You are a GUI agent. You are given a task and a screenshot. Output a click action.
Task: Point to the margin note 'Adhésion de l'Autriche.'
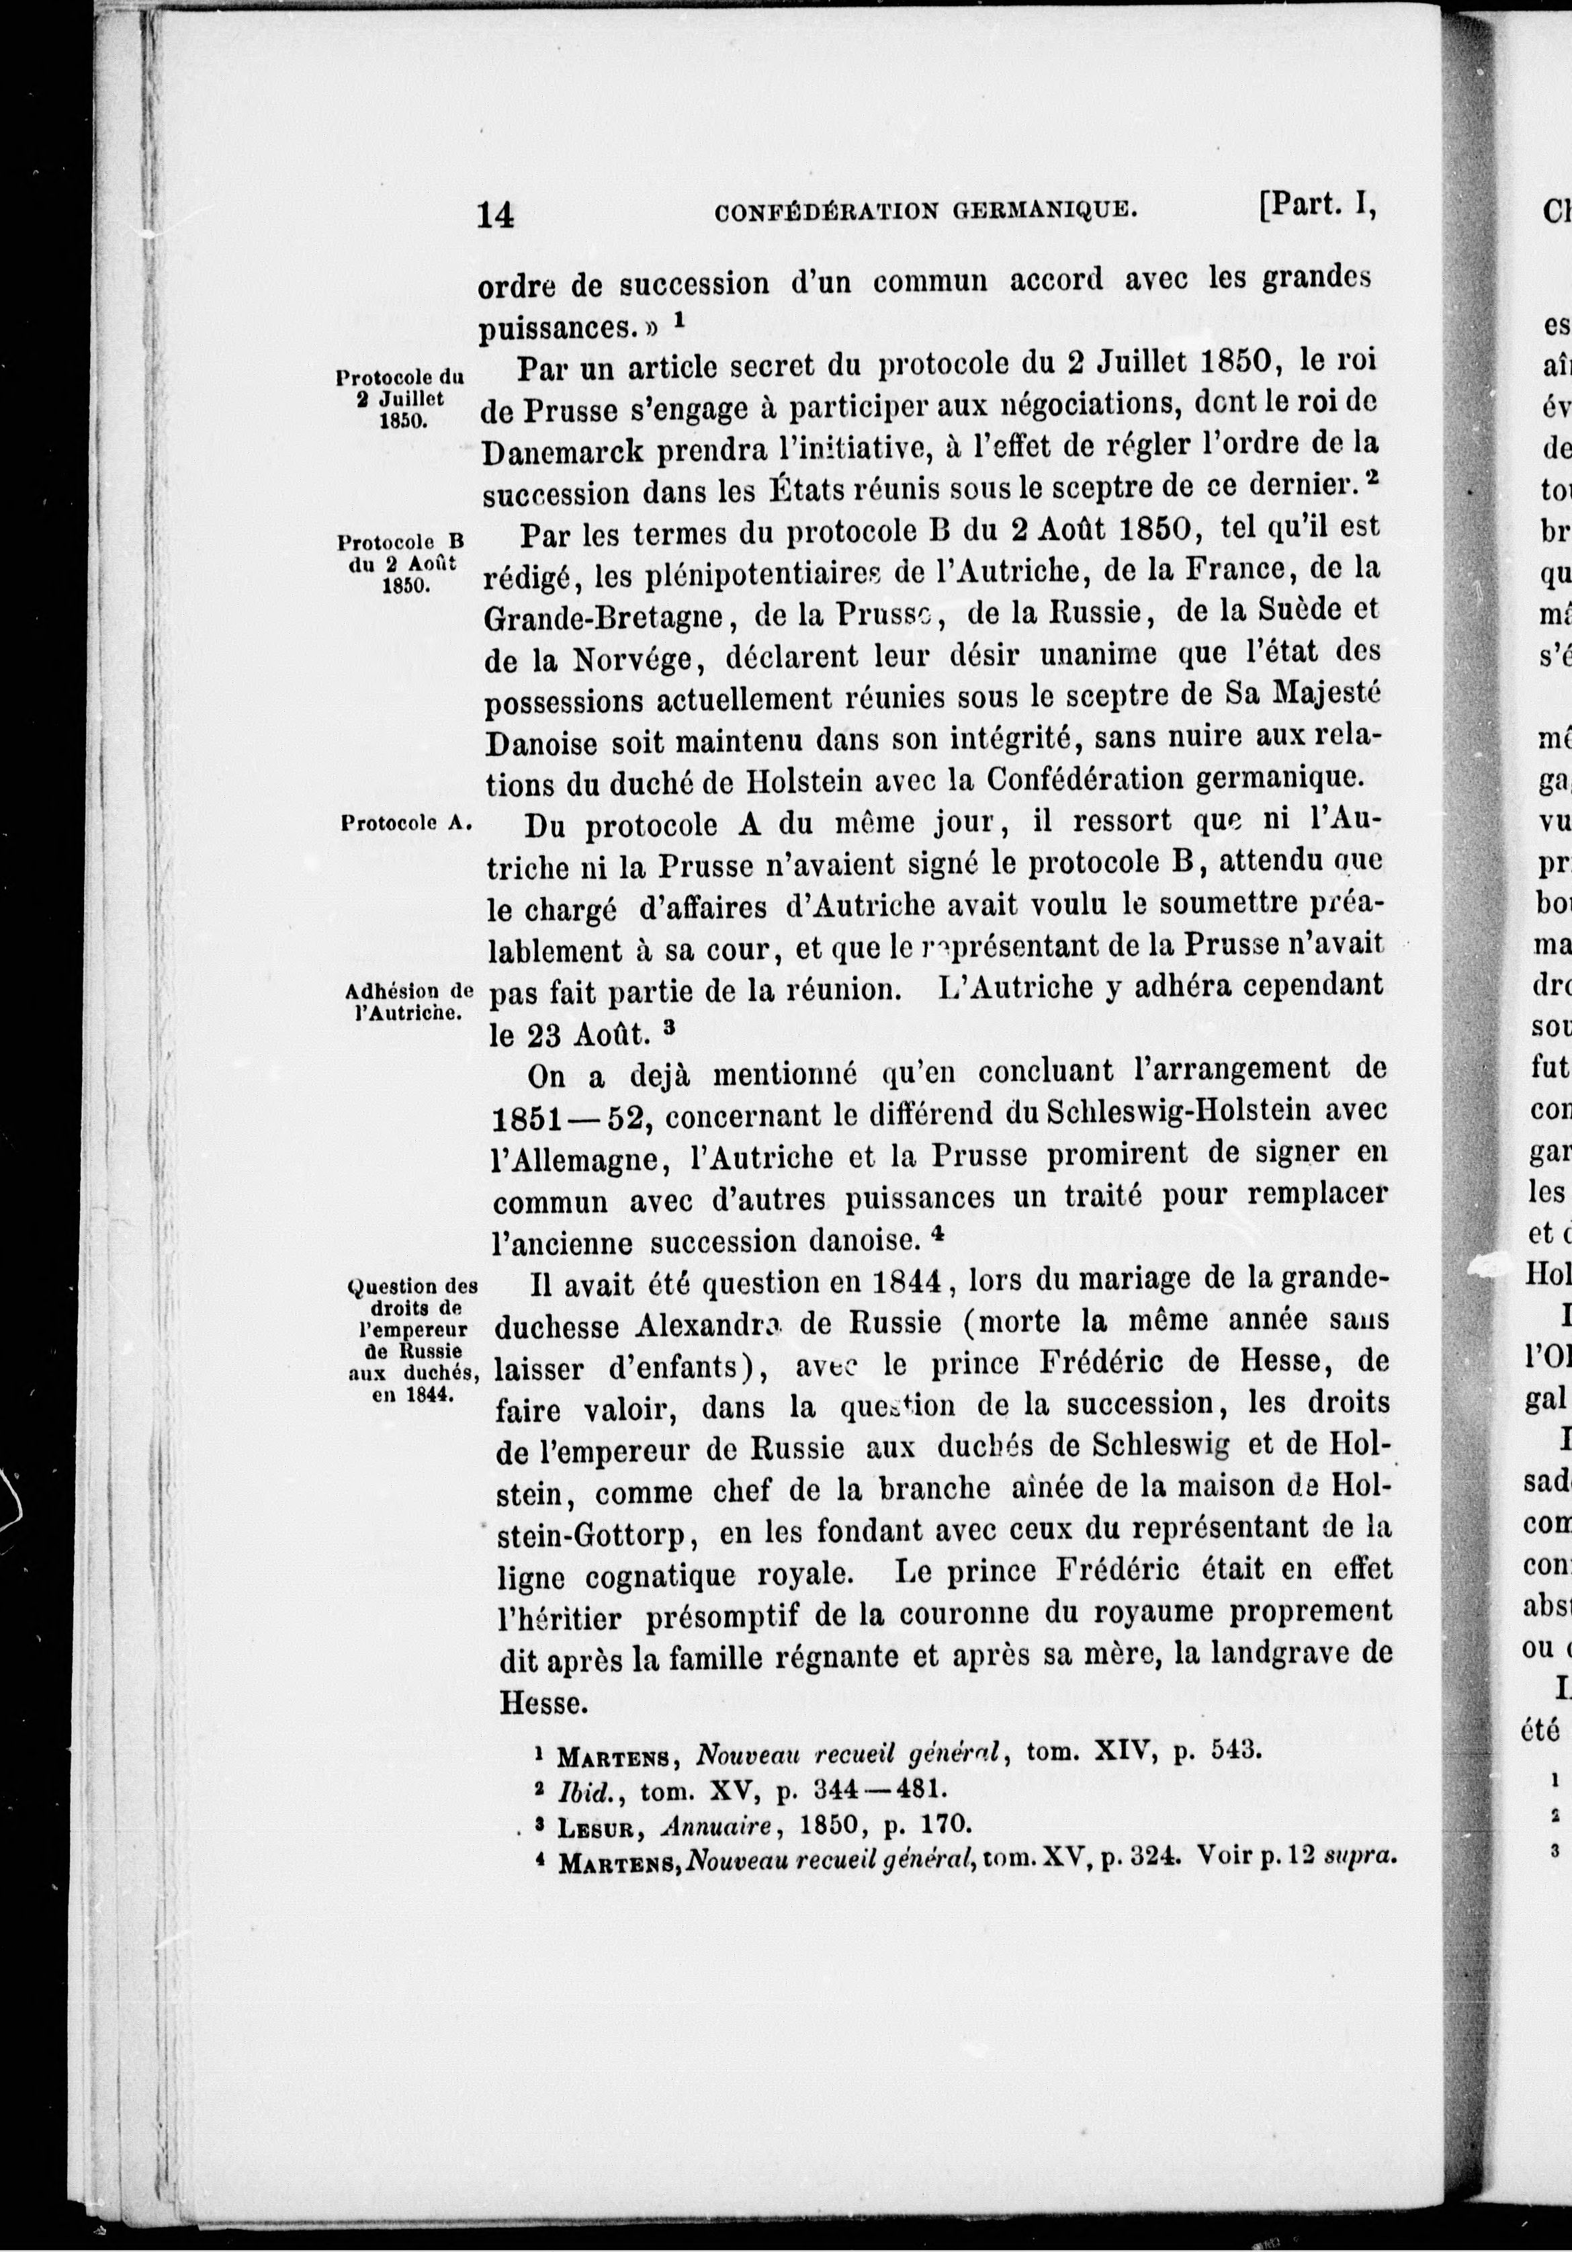412,1000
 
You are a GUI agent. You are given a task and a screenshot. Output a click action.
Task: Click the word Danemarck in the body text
567,450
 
